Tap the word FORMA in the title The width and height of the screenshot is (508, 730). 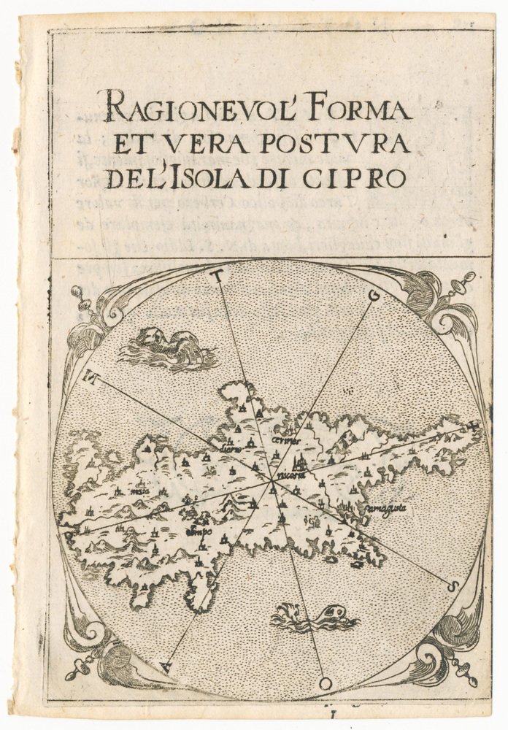[x=372, y=110]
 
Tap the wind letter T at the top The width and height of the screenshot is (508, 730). [x=216, y=275]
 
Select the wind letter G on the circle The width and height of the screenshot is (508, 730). [x=375, y=296]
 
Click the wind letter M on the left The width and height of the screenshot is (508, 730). [x=92, y=377]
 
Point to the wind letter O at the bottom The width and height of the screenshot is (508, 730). [x=325, y=683]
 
